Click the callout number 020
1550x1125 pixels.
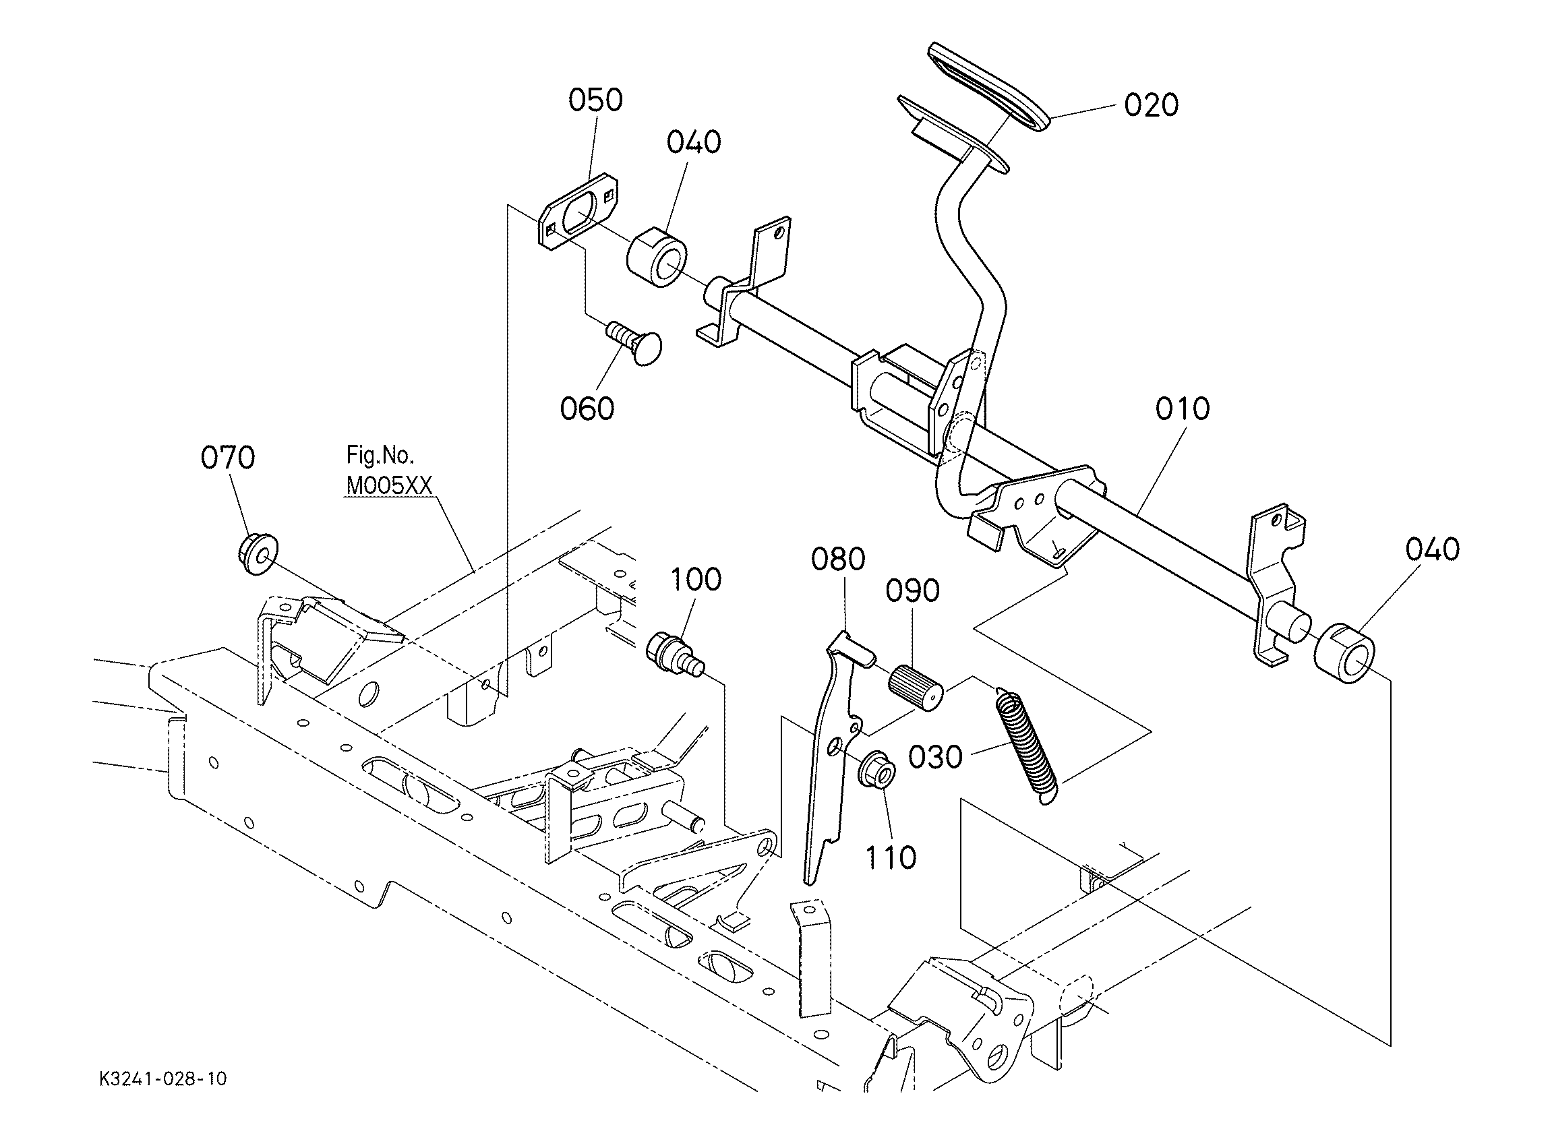pyautogui.click(x=1152, y=106)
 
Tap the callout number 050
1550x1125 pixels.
pyautogui.click(x=596, y=100)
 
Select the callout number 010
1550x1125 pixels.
pyautogui.click(x=1183, y=408)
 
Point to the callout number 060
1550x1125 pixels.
pyautogui.click(x=587, y=408)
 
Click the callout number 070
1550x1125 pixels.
pyautogui.click(x=228, y=457)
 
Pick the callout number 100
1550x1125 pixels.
pyautogui.click(x=696, y=580)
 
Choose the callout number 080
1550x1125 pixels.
pyautogui.click(x=839, y=559)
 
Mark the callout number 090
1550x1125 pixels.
pyautogui.click(x=913, y=590)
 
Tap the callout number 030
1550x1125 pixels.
pyautogui.click(x=936, y=757)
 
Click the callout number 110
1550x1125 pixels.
pyautogui.click(x=891, y=858)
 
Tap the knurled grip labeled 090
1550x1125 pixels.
pyautogui.click(x=916, y=688)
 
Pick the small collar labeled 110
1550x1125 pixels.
pyautogui.click(x=878, y=770)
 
